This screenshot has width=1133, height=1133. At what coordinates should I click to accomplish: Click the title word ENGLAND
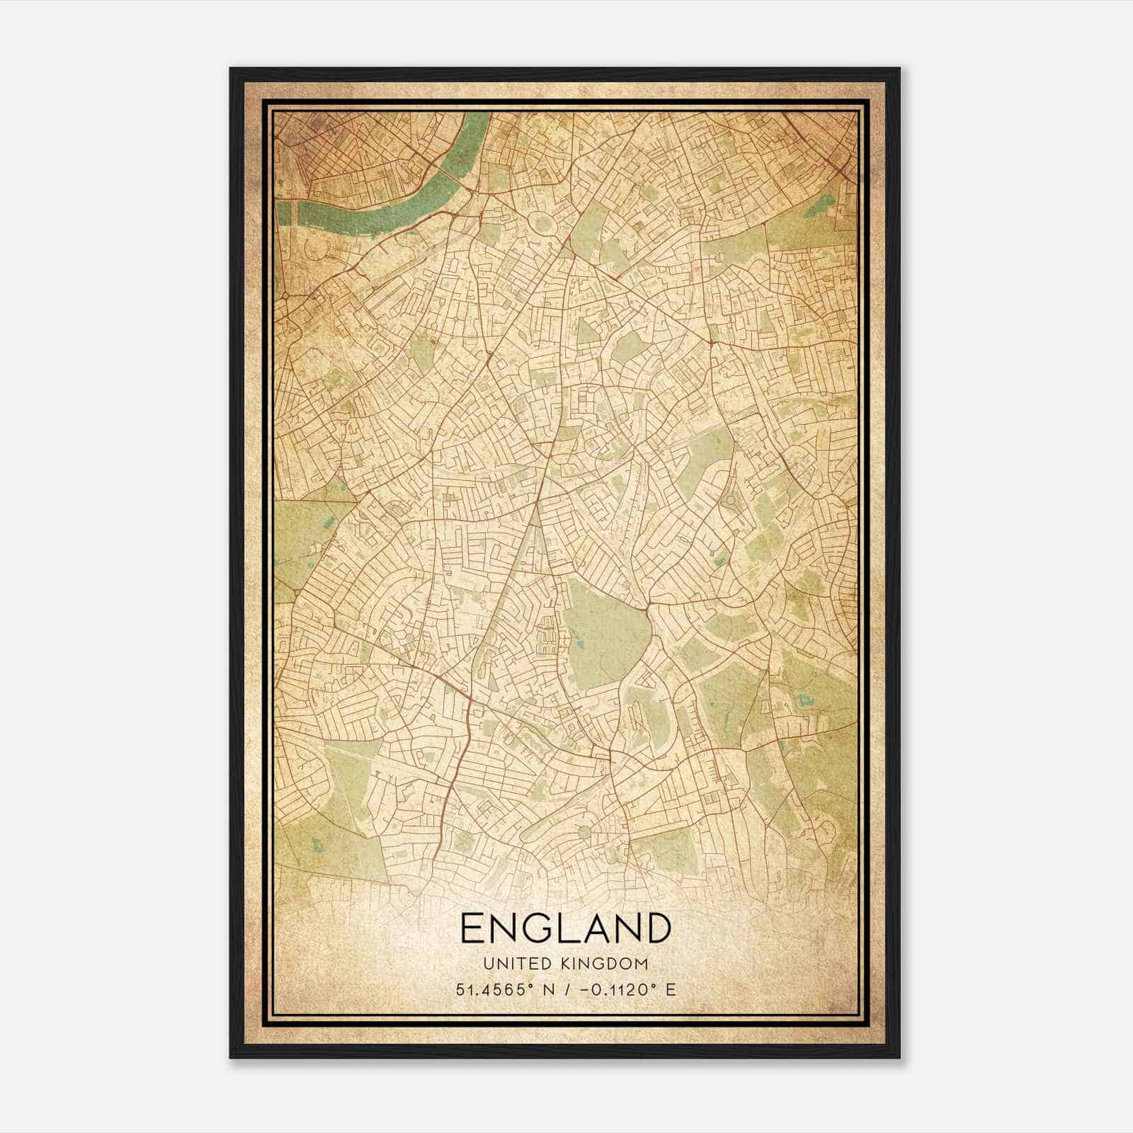[x=566, y=928]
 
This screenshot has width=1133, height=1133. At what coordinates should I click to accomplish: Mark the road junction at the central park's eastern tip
[x=649, y=608]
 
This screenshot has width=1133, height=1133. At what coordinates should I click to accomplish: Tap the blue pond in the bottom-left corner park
[x=317, y=844]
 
